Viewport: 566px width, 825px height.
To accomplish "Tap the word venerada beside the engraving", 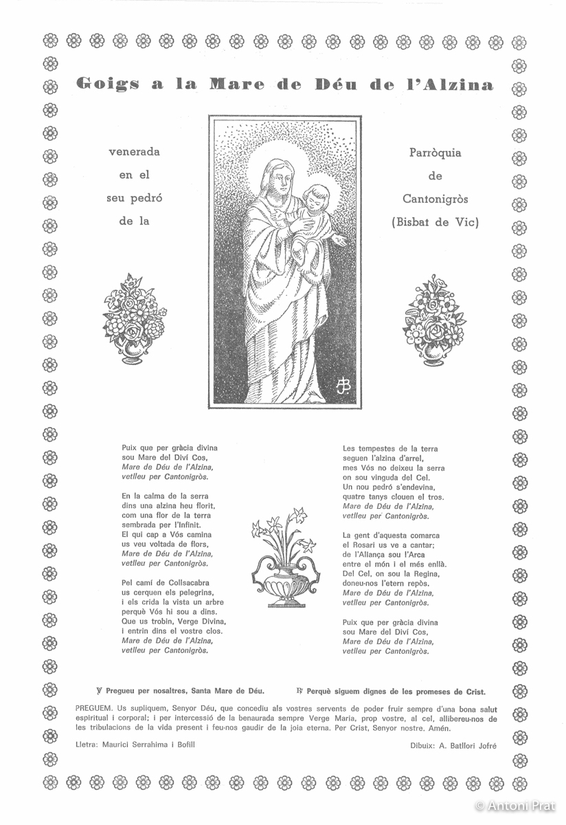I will (135, 152).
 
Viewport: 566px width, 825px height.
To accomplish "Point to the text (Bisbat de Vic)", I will (435, 222).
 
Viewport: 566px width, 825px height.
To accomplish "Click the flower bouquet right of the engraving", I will (433, 318).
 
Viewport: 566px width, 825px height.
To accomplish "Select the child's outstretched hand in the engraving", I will (339, 241).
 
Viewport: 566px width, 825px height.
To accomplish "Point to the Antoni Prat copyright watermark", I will (514, 806).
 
